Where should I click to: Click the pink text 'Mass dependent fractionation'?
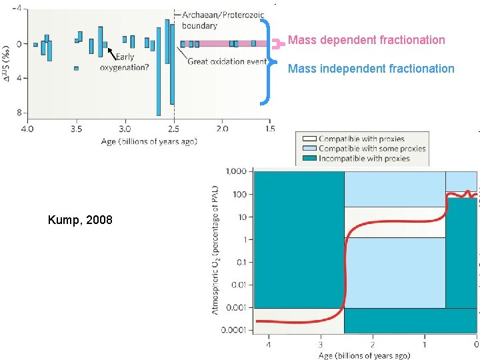pyautogui.click(x=366, y=40)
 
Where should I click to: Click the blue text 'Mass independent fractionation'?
pyautogui.click(x=371, y=69)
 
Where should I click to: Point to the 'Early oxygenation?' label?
pyautogui.click(x=125, y=62)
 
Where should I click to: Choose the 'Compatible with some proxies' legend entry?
pyautogui.click(x=371, y=148)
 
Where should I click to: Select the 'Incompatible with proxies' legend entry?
pyautogui.click(x=364, y=158)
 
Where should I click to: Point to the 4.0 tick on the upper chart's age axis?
pyautogui.click(x=27, y=129)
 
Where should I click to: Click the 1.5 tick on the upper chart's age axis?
pyautogui.click(x=269, y=129)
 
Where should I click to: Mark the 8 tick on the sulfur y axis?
pyautogui.click(x=19, y=113)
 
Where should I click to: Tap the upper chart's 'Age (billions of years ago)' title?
pyautogui.click(x=149, y=141)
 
